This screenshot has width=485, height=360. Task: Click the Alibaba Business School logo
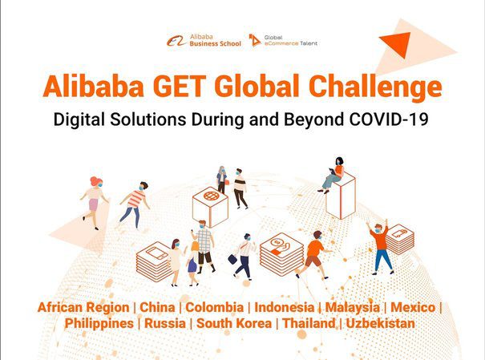click(204, 41)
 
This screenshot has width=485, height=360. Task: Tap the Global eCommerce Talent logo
click(283, 41)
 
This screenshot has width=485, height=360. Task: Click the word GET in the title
click(179, 87)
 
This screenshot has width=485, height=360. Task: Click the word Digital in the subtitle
click(79, 120)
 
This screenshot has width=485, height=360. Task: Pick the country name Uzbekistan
click(381, 323)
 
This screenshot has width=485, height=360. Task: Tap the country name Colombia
click(214, 307)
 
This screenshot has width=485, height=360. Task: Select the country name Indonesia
click(285, 307)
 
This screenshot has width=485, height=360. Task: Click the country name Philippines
click(99, 324)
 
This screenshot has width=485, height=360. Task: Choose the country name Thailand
click(309, 323)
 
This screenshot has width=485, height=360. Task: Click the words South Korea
click(234, 323)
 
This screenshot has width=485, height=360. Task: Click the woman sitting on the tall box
click(333, 175)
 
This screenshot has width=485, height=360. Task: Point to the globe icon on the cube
click(211, 196)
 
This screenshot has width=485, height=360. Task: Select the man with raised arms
click(380, 246)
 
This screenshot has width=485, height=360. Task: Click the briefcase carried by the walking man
click(232, 259)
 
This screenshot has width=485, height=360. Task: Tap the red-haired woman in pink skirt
click(95, 203)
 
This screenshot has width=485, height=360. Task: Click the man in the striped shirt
click(135, 204)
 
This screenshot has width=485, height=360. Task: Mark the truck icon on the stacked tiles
click(399, 233)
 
